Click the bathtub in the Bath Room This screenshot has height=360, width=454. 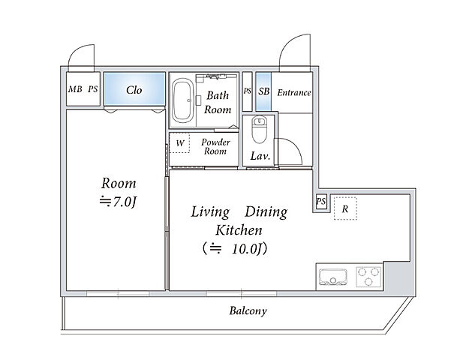coord(182,100)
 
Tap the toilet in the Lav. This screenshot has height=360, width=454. coord(259,129)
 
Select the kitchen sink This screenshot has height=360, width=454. coord(333,277)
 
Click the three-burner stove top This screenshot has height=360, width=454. coord(368,277)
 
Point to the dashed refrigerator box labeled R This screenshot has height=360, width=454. coord(345,208)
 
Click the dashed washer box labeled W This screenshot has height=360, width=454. coord(179,142)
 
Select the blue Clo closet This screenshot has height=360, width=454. coord(134,88)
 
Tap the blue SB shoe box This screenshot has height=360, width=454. coord(263,91)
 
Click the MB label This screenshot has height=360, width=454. coord(75,89)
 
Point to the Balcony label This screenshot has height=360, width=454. coord(248,310)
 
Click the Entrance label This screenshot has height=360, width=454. coord(294,92)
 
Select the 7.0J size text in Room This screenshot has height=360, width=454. coord(118,202)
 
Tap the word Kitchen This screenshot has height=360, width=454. coord(239,230)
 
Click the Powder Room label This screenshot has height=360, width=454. coord(215,147)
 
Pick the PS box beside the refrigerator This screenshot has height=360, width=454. coord(321,202)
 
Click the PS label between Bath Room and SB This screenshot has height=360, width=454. coord(248,91)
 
